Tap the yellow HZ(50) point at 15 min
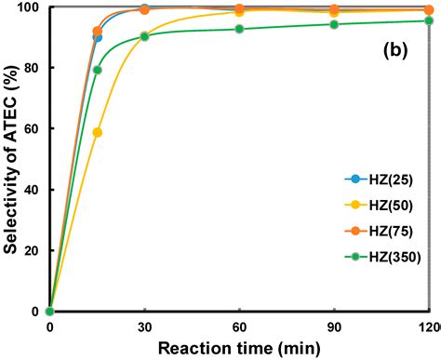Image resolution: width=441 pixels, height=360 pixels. pos(98,132)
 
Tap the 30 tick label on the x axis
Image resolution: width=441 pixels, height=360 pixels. pos(144,327)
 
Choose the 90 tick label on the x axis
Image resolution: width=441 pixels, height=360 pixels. pos(334,327)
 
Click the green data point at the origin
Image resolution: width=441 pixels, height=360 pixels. pos(50,311)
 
